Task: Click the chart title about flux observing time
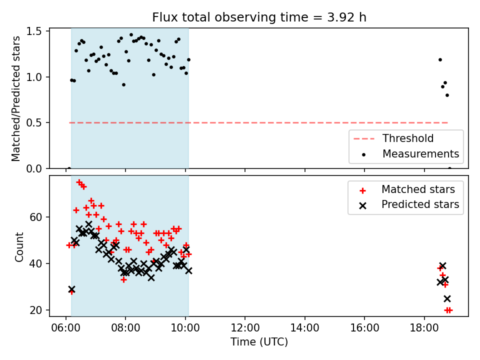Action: click(x=259, y=17)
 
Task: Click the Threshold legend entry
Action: click(x=393, y=138)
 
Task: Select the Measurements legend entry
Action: click(x=409, y=153)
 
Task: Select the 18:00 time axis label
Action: click(x=424, y=328)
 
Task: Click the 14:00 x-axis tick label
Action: click(x=304, y=328)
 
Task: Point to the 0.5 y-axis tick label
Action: click(x=34, y=123)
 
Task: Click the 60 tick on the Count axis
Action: click(x=36, y=217)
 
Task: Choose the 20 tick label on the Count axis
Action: click(x=36, y=310)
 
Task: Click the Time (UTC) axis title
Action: click(x=259, y=342)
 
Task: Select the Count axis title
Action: click(x=19, y=247)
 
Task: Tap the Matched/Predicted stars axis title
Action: click(x=16, y=98)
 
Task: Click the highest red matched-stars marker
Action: click(x=79, y=182)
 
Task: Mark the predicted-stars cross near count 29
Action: click(x=71, y=289)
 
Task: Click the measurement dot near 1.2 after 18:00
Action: click(x=440, y=59)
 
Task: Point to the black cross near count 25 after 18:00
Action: click(x=447, y=298)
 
